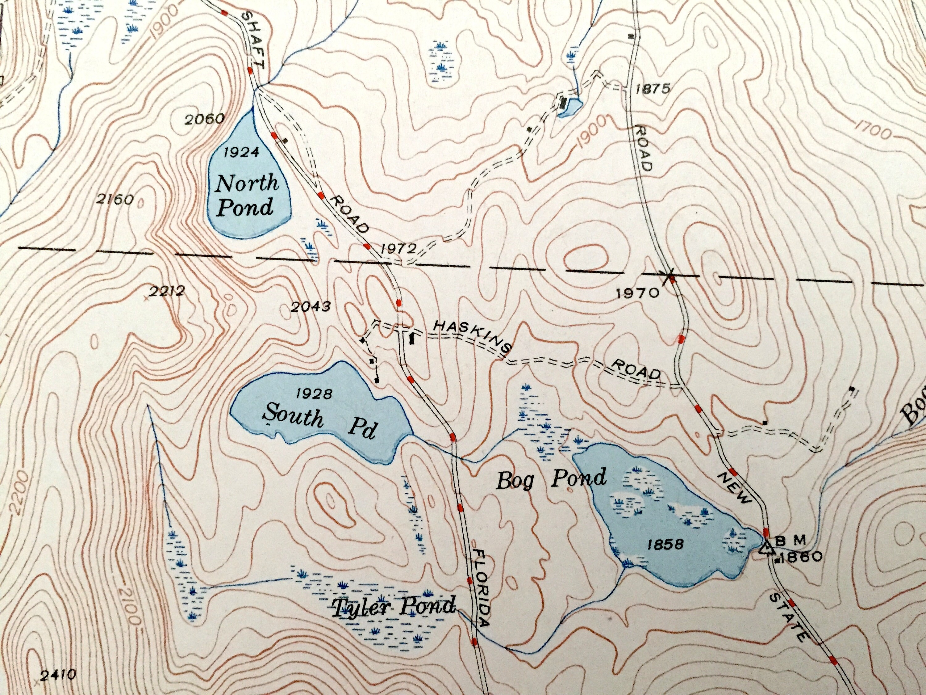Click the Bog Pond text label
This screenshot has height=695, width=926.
[550, 478]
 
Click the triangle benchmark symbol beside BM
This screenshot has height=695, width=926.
[766, 547]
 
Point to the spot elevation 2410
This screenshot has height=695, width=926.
[58, 675]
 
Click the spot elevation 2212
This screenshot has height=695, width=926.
[166, 291]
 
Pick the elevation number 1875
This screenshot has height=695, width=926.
[653, 89]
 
